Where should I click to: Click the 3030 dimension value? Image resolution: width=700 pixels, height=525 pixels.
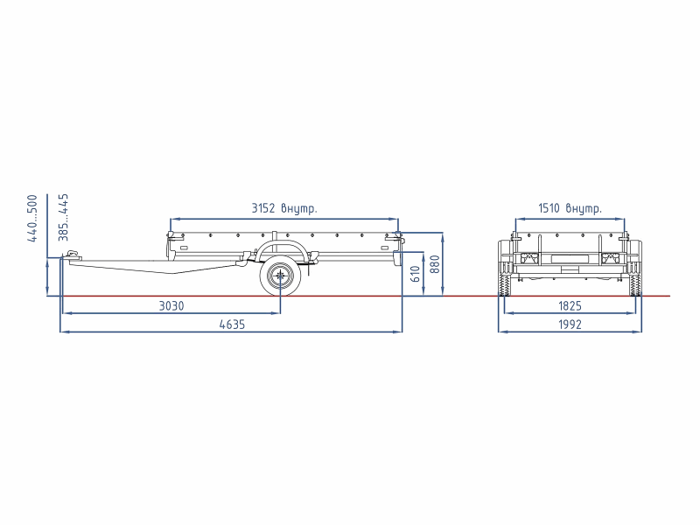(x=171, y=305)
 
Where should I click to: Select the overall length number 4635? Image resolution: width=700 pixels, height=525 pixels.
(x=232, y=325)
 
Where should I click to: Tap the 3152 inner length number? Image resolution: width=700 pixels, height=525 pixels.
(x=263, y=208)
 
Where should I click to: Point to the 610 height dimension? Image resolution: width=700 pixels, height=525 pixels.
(x=415, y=274)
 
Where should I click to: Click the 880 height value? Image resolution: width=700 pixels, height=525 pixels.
(x=434, y=264)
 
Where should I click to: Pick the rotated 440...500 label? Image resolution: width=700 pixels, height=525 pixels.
(x=32, y=218)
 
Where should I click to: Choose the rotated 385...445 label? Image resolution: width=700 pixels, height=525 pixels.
(x=63, y=217)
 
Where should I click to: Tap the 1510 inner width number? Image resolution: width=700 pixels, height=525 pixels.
(x=549, y=208)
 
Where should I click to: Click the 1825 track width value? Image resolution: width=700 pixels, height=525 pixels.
(x=570, y=305)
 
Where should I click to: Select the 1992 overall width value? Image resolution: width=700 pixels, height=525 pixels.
(x=570, y=325)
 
